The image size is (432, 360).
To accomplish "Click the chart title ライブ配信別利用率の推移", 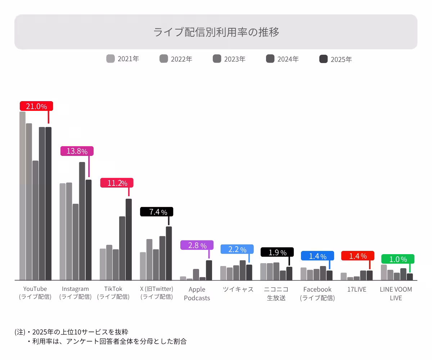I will click(x=216, y=32).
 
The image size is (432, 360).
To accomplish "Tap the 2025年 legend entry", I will click(x=336, y=59).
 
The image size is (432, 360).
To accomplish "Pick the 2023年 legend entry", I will click(x=229, y=59).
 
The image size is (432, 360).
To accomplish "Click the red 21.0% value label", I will click(x=36, y=106).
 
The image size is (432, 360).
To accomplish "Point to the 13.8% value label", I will click(x=77, y=151).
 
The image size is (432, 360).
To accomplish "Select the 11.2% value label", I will click(x=117, y=183).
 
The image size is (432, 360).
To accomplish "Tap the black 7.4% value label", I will click(x=157, y=212).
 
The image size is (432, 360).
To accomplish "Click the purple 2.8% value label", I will click(x=197, y=245).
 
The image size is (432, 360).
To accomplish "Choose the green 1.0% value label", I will click(x=398, y=259).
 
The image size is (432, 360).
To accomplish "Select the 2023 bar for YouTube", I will click(x=35, y=220).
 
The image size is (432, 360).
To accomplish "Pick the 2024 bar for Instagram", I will click(x=82, y=221).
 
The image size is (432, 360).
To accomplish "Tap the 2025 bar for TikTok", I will click(x=129, y=239).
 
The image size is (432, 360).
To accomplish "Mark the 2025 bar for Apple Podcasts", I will click(x=209, y=270).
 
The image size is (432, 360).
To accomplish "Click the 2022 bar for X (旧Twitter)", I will click(x=149, y=259).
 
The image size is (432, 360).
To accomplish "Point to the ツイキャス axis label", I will click(x=238, y=289).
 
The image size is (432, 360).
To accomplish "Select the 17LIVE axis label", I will click(x=357, y=289).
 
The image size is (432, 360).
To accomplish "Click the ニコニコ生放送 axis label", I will click(x=276, y=293).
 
